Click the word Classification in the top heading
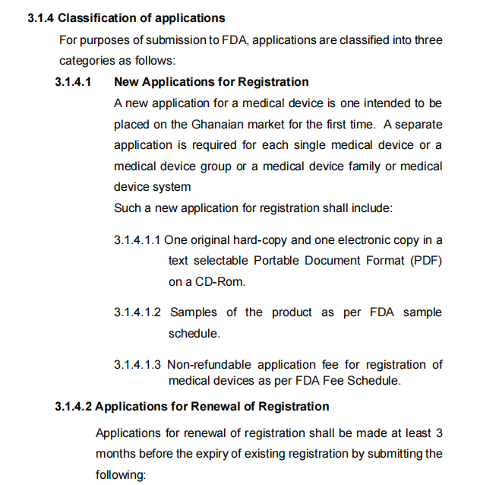coord(96,17)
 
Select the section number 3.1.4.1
coord(74,81)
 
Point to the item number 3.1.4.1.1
coord(137,240)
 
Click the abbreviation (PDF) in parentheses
coord(424,261)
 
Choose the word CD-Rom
coord(220,281)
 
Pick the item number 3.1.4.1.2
coord(137,312)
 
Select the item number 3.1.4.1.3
coord(137,365)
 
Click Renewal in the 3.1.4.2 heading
coord(194,407)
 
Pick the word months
coord(115,454)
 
